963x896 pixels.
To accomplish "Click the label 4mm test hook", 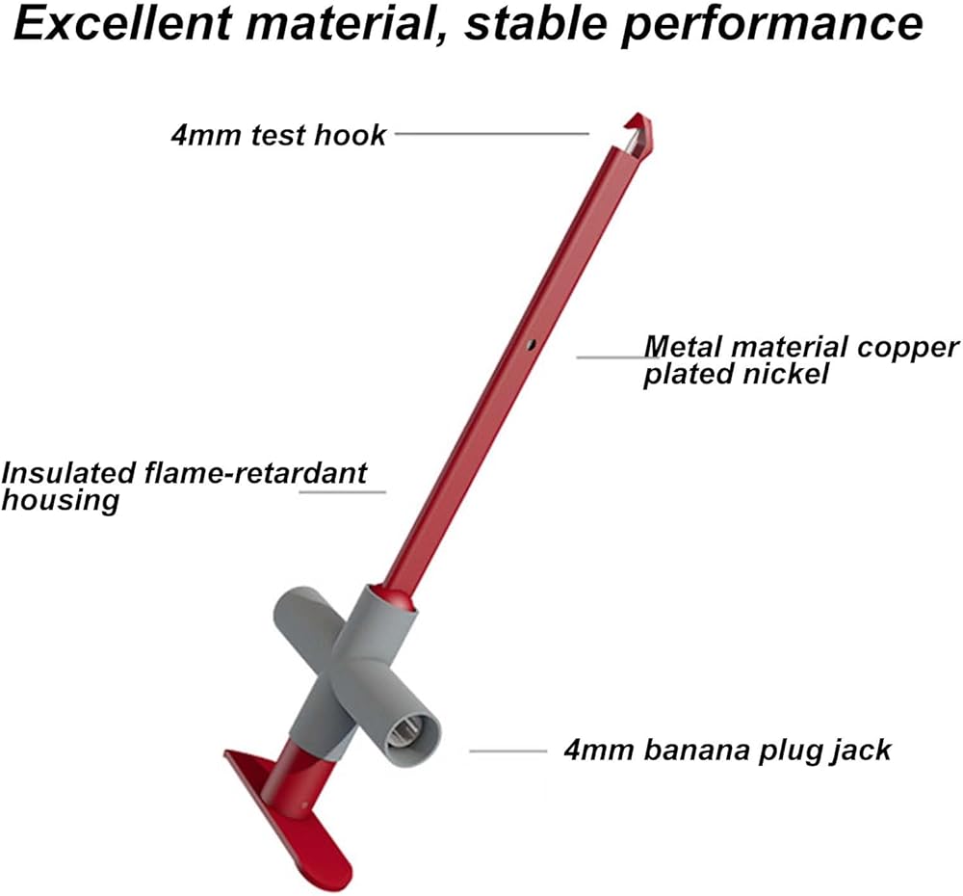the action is tap(278, 134).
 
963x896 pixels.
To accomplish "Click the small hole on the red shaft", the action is tap(531, 342).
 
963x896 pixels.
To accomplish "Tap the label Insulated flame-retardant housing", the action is tap(183, 486).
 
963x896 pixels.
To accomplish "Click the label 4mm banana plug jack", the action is tap(727, 749).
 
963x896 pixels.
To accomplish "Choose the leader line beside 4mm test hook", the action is tap(491, 134).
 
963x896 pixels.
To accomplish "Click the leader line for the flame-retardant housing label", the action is tap(342, 491).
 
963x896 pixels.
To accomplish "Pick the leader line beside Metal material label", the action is tap(607, 357).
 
